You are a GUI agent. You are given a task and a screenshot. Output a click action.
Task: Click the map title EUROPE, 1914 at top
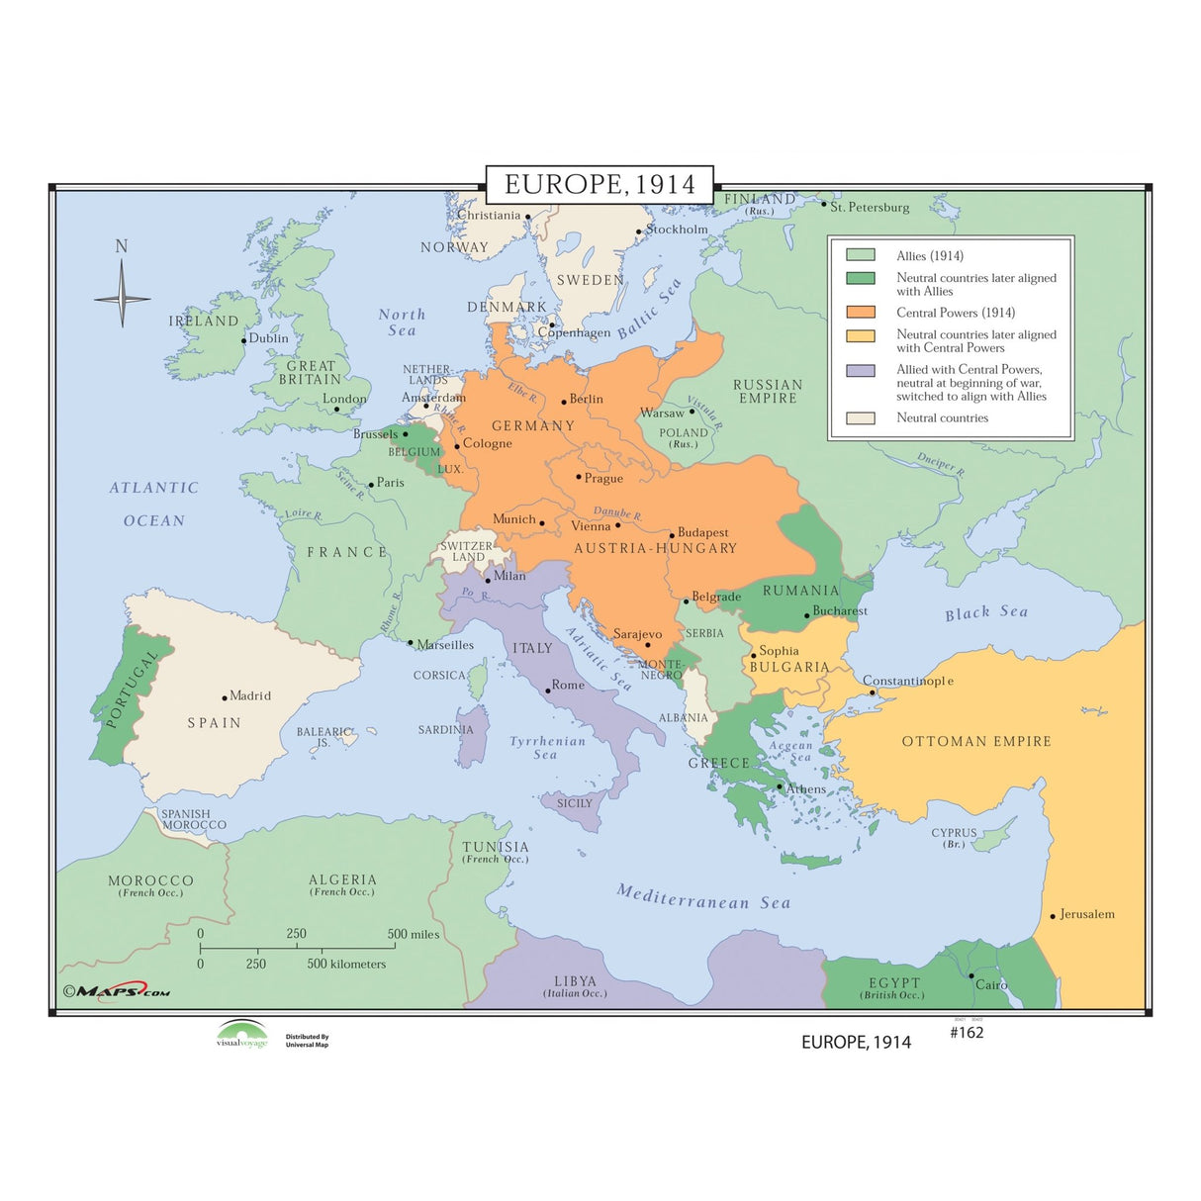pyautogui.click(x=600, y=184)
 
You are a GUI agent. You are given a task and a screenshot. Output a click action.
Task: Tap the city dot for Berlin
pyautogui.click(x=564, y=402)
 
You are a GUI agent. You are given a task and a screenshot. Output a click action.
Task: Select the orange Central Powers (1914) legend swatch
pyautogui.click(x=861, y=312)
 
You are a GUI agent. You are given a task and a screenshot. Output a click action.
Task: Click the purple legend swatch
pyautogui.click(x=861, y=371)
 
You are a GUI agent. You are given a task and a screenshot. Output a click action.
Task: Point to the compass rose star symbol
pyautogui.click(x=123, y=297)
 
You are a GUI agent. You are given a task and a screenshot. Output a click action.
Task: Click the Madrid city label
pyautogui.click(x=250, y=695)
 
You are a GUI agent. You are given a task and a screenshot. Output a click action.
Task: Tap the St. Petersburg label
pyautogui.click(x=870, y=207)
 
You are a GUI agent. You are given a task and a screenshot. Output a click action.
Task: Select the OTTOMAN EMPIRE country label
pyautogui.click(x=976, y=741)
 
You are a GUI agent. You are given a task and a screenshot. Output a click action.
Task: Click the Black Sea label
pyautogui.click(x=986, y=612)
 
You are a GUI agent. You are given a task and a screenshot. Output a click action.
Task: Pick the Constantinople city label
pyautogui.click(x=908, y=681)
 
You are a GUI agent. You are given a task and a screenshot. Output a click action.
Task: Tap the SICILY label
pyautogui.click(x=575, y=803)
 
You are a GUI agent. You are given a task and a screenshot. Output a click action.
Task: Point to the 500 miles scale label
pyautogui.click(x=414, y=934)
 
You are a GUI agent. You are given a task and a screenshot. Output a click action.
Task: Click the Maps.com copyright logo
pyautogui.click(x=117, y=991)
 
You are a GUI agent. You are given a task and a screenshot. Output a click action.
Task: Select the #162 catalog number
pyautogui.click(x=967, y=1033)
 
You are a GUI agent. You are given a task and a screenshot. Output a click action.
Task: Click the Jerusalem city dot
pyautogui.click(x=1053, y=916)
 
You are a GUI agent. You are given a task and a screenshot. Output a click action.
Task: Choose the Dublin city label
pyautogui.click(x=268, y=338)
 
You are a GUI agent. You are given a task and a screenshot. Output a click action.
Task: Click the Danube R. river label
pyautogui.click(x=617, y=513)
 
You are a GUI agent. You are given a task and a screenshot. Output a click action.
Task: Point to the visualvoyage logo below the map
pyautogui.click(x=242, y=1035)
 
